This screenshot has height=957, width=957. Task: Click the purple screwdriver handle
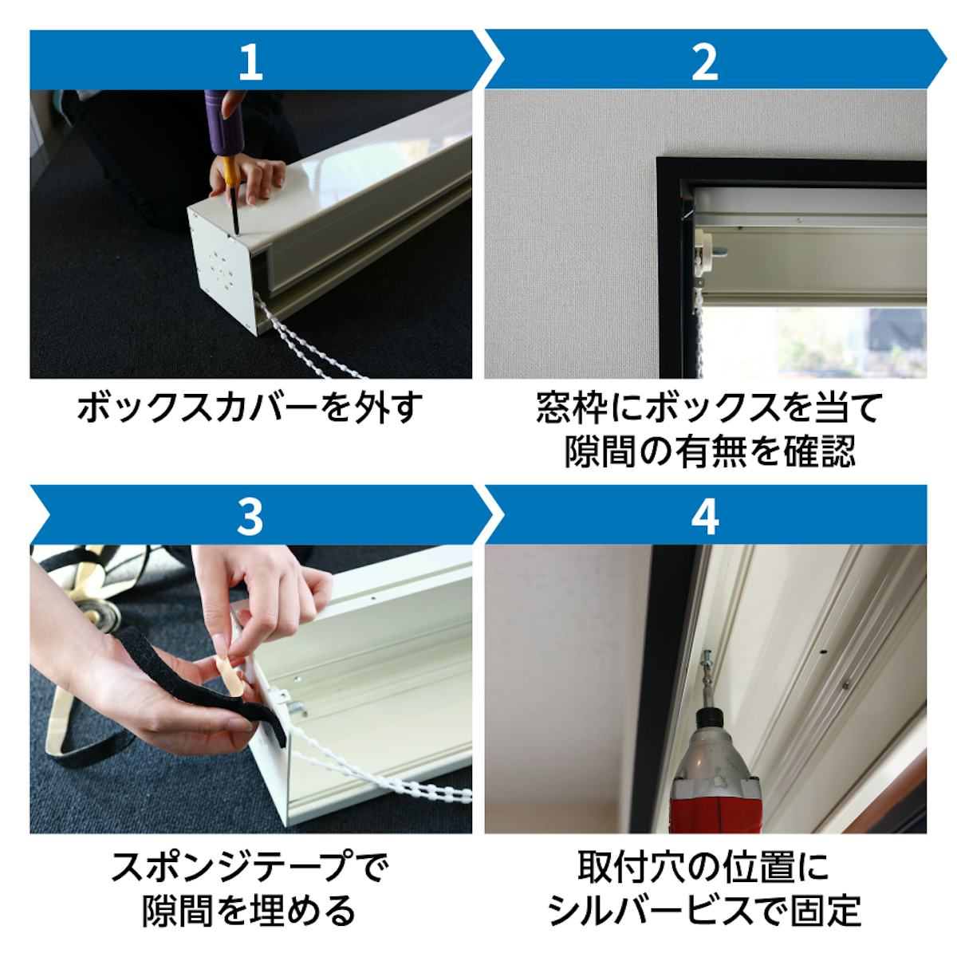(x=224, y=123)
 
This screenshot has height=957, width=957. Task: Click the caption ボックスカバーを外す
(x=250, y=409)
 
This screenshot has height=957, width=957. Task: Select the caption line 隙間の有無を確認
(x=710, y=451)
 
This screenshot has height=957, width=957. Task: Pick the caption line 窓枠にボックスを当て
(x=707, y=408)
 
